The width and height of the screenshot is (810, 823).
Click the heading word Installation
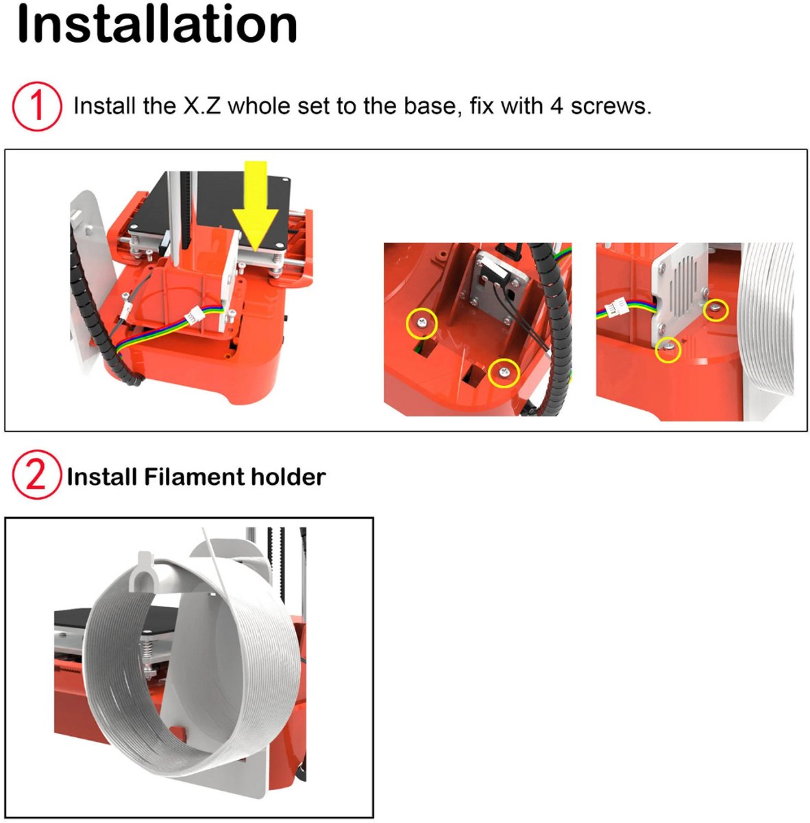click(157, 24)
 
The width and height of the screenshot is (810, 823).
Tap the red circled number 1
click(37, 106)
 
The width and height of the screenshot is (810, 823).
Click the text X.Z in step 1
click(202, 106)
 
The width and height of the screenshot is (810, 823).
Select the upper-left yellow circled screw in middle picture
click(421, 323)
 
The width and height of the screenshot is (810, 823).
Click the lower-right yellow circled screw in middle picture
click(504, 373)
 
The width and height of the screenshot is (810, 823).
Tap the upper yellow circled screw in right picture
click(715, 310)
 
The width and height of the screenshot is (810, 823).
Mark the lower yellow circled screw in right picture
click(668, 349)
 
